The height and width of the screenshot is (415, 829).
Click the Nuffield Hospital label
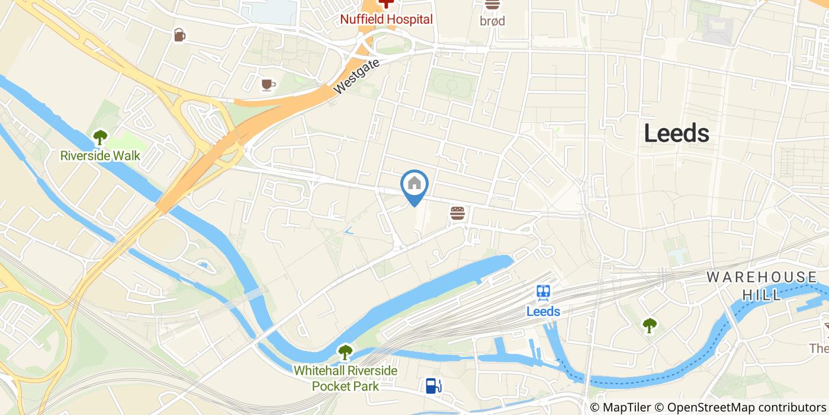(x=386, y=19)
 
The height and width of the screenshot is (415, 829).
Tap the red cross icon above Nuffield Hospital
(x=386, y=3)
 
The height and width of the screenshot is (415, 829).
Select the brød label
(x=492, y=21)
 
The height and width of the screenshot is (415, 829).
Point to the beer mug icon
(x=179, y=35)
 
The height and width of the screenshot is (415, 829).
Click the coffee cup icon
(x=268, y=85)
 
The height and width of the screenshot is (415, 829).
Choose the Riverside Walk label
(x=100, y=156)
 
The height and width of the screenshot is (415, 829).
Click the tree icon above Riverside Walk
(x=100, y=138)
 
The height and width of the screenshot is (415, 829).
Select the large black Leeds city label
(x=676, y=133)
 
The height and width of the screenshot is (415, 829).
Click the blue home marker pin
(x=415, y=186)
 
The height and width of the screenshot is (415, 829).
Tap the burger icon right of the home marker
(x=457, y=213)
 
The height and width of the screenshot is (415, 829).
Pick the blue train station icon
(x=543, y=292)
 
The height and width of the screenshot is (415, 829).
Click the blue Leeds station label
(x=543, y=311)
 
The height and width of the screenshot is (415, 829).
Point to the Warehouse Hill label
(x=761, y=286)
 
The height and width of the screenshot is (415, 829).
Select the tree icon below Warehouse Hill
(x=650, y=325)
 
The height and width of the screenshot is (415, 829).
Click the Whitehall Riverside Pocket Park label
(x=345, y=378)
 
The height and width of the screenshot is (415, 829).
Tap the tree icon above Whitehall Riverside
(x=345, y=352)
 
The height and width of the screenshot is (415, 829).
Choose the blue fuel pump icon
(x=433, y=386)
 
